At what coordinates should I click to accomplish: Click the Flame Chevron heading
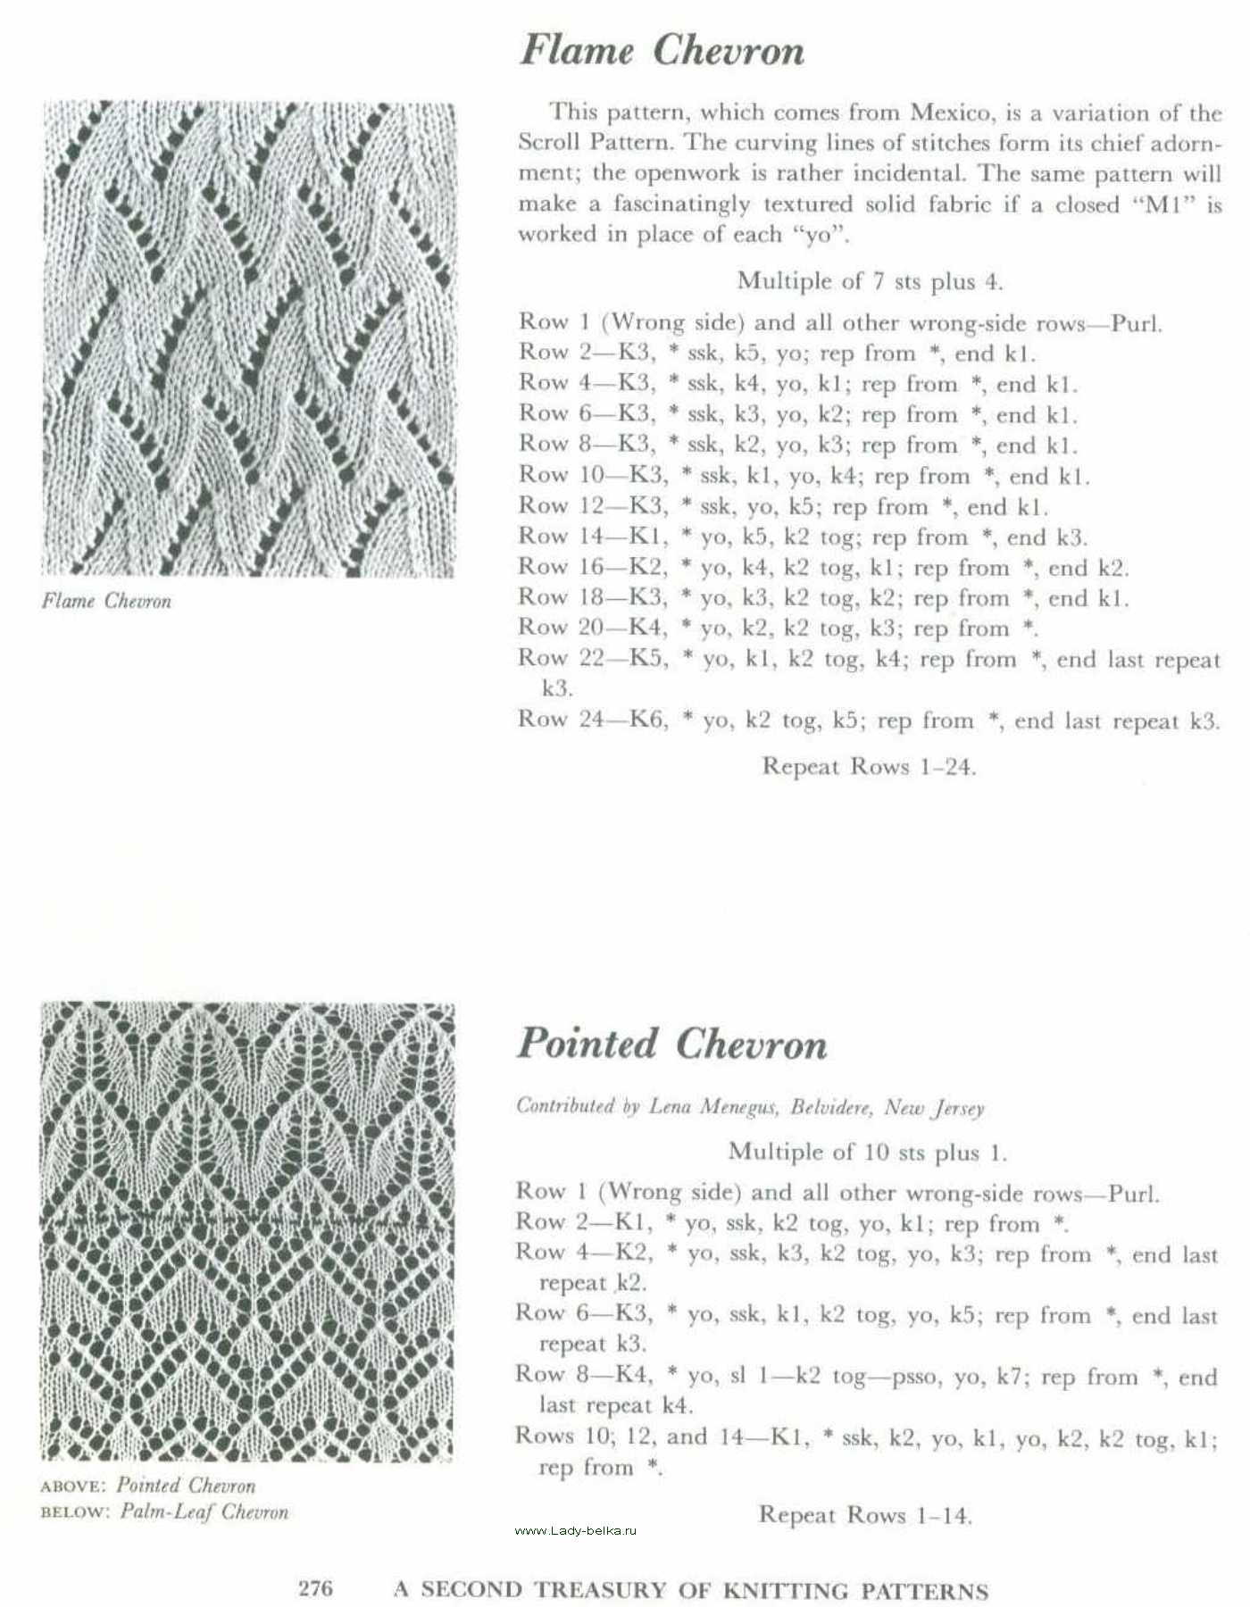click(x=662, y=50)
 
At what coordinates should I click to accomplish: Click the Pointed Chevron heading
click(x=672, y=1044)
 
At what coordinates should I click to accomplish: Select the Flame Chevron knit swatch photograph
click(x=248, y=339)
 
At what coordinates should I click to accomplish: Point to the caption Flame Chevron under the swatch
click(x=106, y=601)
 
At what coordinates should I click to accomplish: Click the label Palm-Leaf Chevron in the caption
click(x=204, y=1512)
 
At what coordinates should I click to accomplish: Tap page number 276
click(x=315, y=1588)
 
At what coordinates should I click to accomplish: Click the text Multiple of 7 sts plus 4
click(x=869, y=281)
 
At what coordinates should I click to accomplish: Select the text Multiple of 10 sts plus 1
click(x=867, y=1152)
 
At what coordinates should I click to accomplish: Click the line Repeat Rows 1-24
click(x=868, y=767)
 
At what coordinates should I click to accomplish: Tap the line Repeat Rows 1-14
click(x=864, y=1515)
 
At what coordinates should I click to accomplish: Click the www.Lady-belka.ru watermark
click(x=576, y=1530)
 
